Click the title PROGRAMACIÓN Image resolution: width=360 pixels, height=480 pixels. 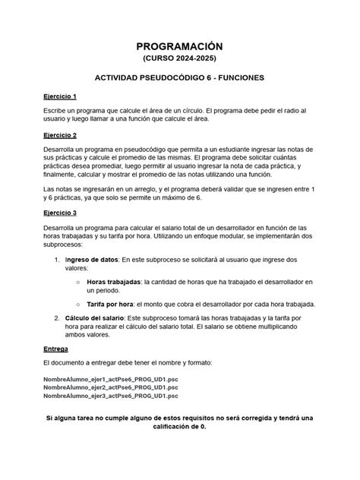click(x=179, y=47)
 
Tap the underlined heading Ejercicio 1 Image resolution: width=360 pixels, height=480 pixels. click(x=65, y=97)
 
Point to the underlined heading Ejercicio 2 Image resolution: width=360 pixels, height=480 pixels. click(x=65, y=134)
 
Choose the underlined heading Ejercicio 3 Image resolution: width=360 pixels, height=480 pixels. click(x=65, y=213)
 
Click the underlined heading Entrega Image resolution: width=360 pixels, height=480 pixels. click(x=57, y=349)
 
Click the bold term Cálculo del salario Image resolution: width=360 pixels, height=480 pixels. click(x=99, y=317)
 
